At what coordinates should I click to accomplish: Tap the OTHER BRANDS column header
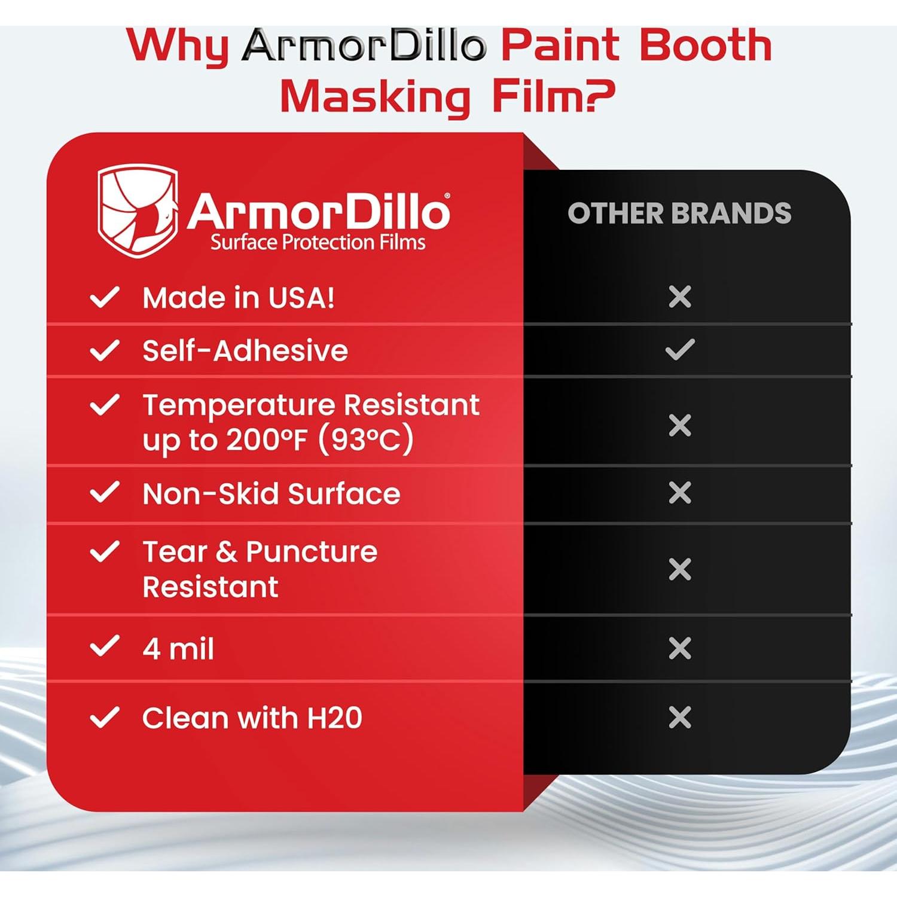tap(679, 213)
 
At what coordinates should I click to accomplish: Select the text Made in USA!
tap(238, 298)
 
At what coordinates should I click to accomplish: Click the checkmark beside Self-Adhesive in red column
tap(105, 350)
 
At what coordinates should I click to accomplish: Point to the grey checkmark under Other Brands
tap(680, 350)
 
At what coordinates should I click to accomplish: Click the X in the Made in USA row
tap(680, 297)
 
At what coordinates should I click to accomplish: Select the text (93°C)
tap(365, 441)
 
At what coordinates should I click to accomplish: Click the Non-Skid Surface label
tap(271, 494)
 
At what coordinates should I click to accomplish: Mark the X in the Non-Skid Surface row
tap(680, 493)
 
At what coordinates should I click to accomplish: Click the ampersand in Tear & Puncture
tap(226, 552)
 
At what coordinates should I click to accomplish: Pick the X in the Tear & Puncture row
tap(680, 569)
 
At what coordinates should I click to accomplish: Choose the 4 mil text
tap(178, 649)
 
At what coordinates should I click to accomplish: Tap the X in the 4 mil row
tap(680, 648)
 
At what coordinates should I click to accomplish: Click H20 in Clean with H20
tap(334, 718)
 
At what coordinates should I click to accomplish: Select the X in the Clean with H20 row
tap(680, 717)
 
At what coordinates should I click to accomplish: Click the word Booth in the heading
tap(706, 45)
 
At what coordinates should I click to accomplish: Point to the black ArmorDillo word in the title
tap(365, 45)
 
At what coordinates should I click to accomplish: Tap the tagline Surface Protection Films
tap(318, 242)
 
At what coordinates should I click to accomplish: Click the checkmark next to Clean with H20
tap(105, 718)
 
